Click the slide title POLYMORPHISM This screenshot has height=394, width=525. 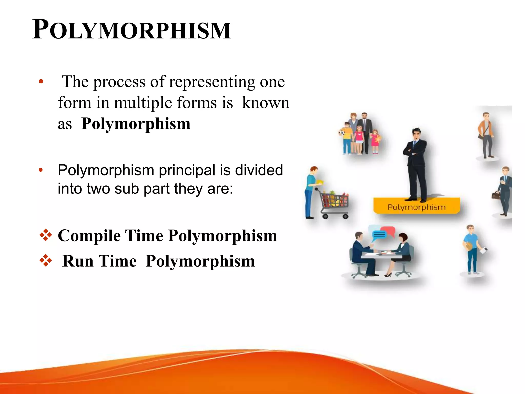(132, 30)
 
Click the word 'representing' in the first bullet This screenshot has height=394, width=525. (212, 82)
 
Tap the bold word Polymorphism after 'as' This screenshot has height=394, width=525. (136, 124)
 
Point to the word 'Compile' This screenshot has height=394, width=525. (89, 235)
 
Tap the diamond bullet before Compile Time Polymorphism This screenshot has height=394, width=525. (46, 235)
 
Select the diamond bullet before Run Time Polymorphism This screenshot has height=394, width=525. (46, 261)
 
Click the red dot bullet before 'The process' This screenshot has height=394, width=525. (41, 82)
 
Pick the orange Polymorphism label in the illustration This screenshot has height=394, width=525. (416, 207)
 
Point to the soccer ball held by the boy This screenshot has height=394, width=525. (342, 133)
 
